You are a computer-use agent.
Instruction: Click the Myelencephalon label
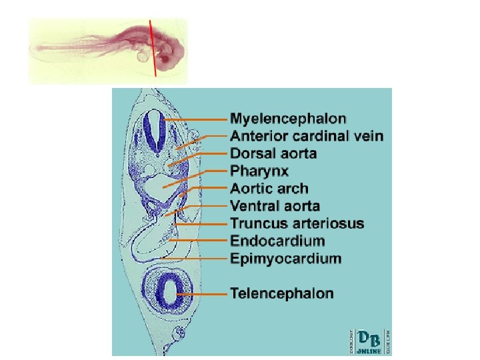(288, 119)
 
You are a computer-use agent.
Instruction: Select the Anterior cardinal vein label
(307, 137)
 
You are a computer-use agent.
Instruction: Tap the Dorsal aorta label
(273, 154)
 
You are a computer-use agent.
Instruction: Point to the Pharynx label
(259, 171)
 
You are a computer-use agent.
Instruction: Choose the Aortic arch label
(269, 189)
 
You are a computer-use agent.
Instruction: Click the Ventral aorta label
(275, 206)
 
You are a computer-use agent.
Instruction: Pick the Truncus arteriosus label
(297, 223)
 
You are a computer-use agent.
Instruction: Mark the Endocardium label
(277, 241)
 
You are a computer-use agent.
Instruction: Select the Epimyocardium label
(285, 258)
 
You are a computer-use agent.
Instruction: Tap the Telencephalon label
(282, 293)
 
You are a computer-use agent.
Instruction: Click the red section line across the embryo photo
(153, 47)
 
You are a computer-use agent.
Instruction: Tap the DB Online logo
(366, 340)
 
